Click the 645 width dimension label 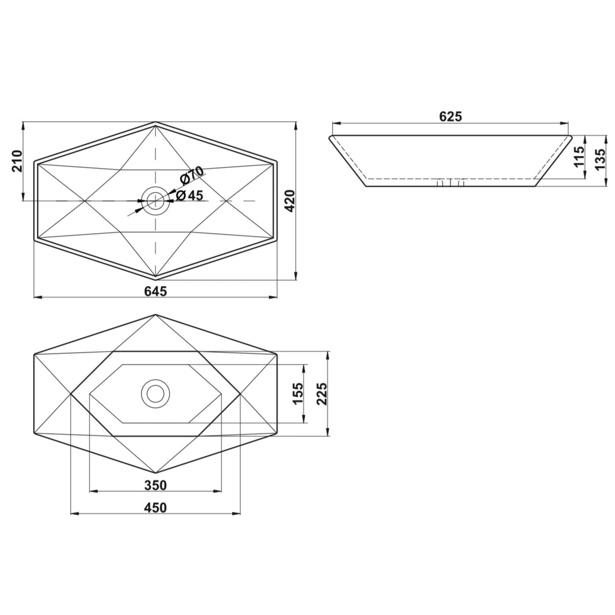[x=155, y=291]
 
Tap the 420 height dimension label [x=290, y=201]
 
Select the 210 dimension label [x=17, y=161]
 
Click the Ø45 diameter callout [x=189, y=195]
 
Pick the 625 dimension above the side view [x=450, y=117]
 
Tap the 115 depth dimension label [x=579, y=156]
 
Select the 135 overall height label [x=600, y=160]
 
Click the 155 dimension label [x=298, y=394]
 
